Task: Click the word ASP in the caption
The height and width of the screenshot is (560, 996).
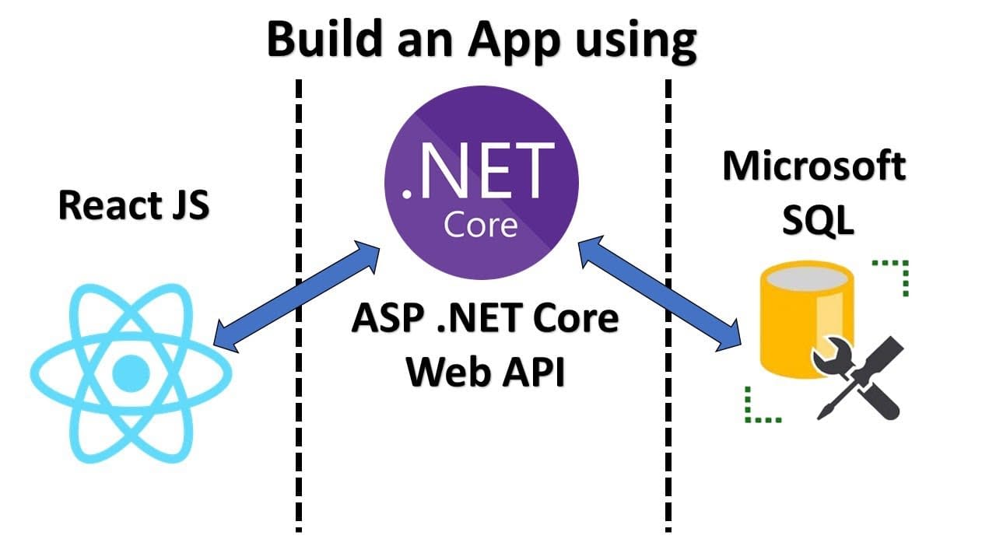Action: pos(387,319)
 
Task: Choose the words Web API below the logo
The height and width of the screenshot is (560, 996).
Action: pos(485,373)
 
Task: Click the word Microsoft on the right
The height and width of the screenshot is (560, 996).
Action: pos(814,166)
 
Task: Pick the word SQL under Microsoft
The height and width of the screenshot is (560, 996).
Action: pos(817,221)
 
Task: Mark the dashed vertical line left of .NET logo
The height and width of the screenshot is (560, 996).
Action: pos(299,311)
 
